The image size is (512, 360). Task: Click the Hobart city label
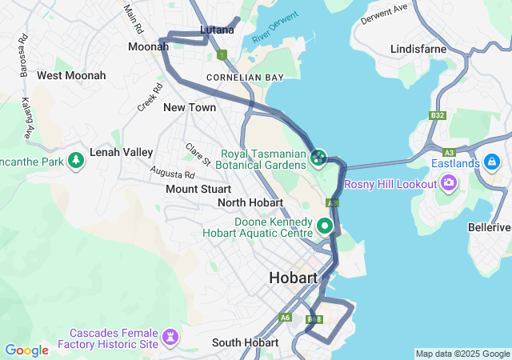click(x=294, y=278)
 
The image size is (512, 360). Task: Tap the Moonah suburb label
click(x=148, y=46)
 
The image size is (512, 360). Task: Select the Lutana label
click(x=218, y=30)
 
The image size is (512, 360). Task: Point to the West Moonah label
click(x=71, y=75)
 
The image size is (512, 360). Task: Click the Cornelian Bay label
click(x=245, y=78)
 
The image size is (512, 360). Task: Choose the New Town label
click(x=190, y=107)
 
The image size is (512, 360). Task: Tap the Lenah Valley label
click(x=122, y=152)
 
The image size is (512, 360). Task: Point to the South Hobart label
click(x=243, y=342)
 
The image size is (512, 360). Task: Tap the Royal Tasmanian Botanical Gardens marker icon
click(x=318, y=157)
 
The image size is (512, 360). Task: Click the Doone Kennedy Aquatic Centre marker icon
click(x=325, y=226)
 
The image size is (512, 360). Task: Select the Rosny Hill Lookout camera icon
click(x=449, y=184)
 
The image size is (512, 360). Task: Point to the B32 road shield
click(x=437, y=116)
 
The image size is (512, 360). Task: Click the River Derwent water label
click(x=274, y=28)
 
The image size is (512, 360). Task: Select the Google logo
click(x=26, y=350)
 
